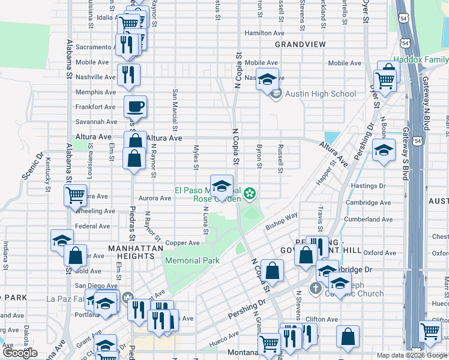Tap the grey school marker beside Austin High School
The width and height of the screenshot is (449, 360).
[x=276, y=94]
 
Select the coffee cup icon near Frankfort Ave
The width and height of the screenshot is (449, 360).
[x=135, y=106]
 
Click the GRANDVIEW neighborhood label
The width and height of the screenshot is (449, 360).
[x=300, y=44]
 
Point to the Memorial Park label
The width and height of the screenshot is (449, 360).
[x=192, y=260]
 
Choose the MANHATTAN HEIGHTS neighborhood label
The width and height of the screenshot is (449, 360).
[x=136, y=252]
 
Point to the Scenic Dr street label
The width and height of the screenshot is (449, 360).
[x=32, y=166]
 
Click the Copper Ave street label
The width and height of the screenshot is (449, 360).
[x=182, y=243]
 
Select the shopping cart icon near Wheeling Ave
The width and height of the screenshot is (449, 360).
[x=75, y=194]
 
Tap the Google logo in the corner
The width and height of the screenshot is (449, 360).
[x=20, y=353]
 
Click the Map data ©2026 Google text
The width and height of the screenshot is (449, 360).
[x=412, y=355]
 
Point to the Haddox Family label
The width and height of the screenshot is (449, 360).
[x=420, y=59]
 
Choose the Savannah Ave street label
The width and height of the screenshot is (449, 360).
[x=95, y=122]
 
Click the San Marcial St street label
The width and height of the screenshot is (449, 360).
[x=175, y=110]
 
